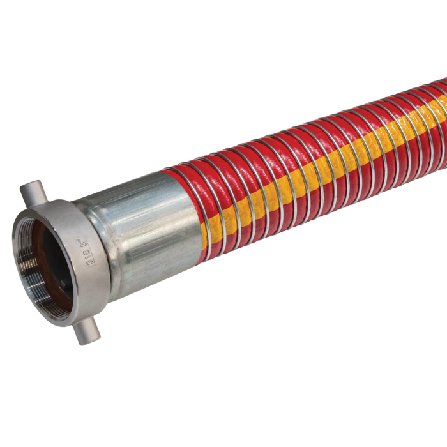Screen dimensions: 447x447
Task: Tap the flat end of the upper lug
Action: (x=24, y=190)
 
